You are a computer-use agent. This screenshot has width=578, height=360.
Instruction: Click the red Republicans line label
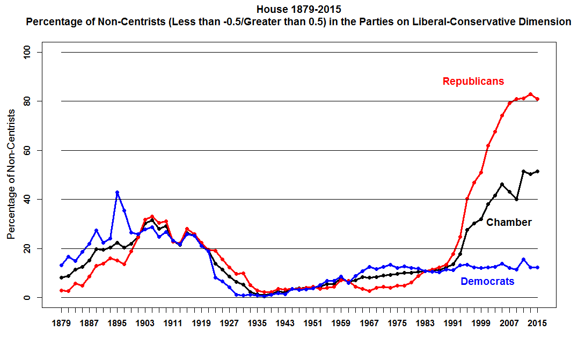coord(473,82)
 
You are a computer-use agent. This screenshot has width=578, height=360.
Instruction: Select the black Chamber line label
coord(509,222)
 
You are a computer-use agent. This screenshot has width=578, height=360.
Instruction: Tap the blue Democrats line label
coord(487,281)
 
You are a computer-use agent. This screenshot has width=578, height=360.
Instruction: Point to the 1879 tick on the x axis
coord(62,324)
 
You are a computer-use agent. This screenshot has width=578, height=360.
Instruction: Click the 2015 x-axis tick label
coord(537,324)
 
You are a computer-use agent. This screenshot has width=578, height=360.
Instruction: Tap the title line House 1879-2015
coord(298,10)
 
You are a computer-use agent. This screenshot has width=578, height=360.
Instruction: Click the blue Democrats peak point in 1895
coord(117,193)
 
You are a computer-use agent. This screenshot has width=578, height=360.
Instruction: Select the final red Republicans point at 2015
coord(537,99)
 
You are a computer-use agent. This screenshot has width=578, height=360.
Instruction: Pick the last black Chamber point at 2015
coord(537,171)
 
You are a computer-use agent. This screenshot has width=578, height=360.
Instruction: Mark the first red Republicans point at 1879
coord(61,290)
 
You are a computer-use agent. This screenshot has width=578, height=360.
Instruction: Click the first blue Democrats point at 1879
coord(61,265)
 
